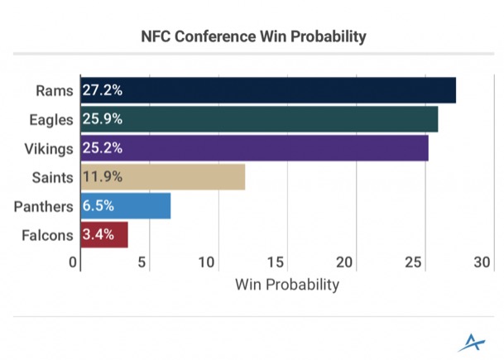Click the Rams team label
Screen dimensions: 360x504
56,91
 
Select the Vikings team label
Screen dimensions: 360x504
51,148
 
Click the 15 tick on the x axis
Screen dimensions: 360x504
276,263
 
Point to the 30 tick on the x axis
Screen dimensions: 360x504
482,263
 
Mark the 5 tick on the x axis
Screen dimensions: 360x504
143,263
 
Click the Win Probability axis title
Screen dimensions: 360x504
287,285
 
